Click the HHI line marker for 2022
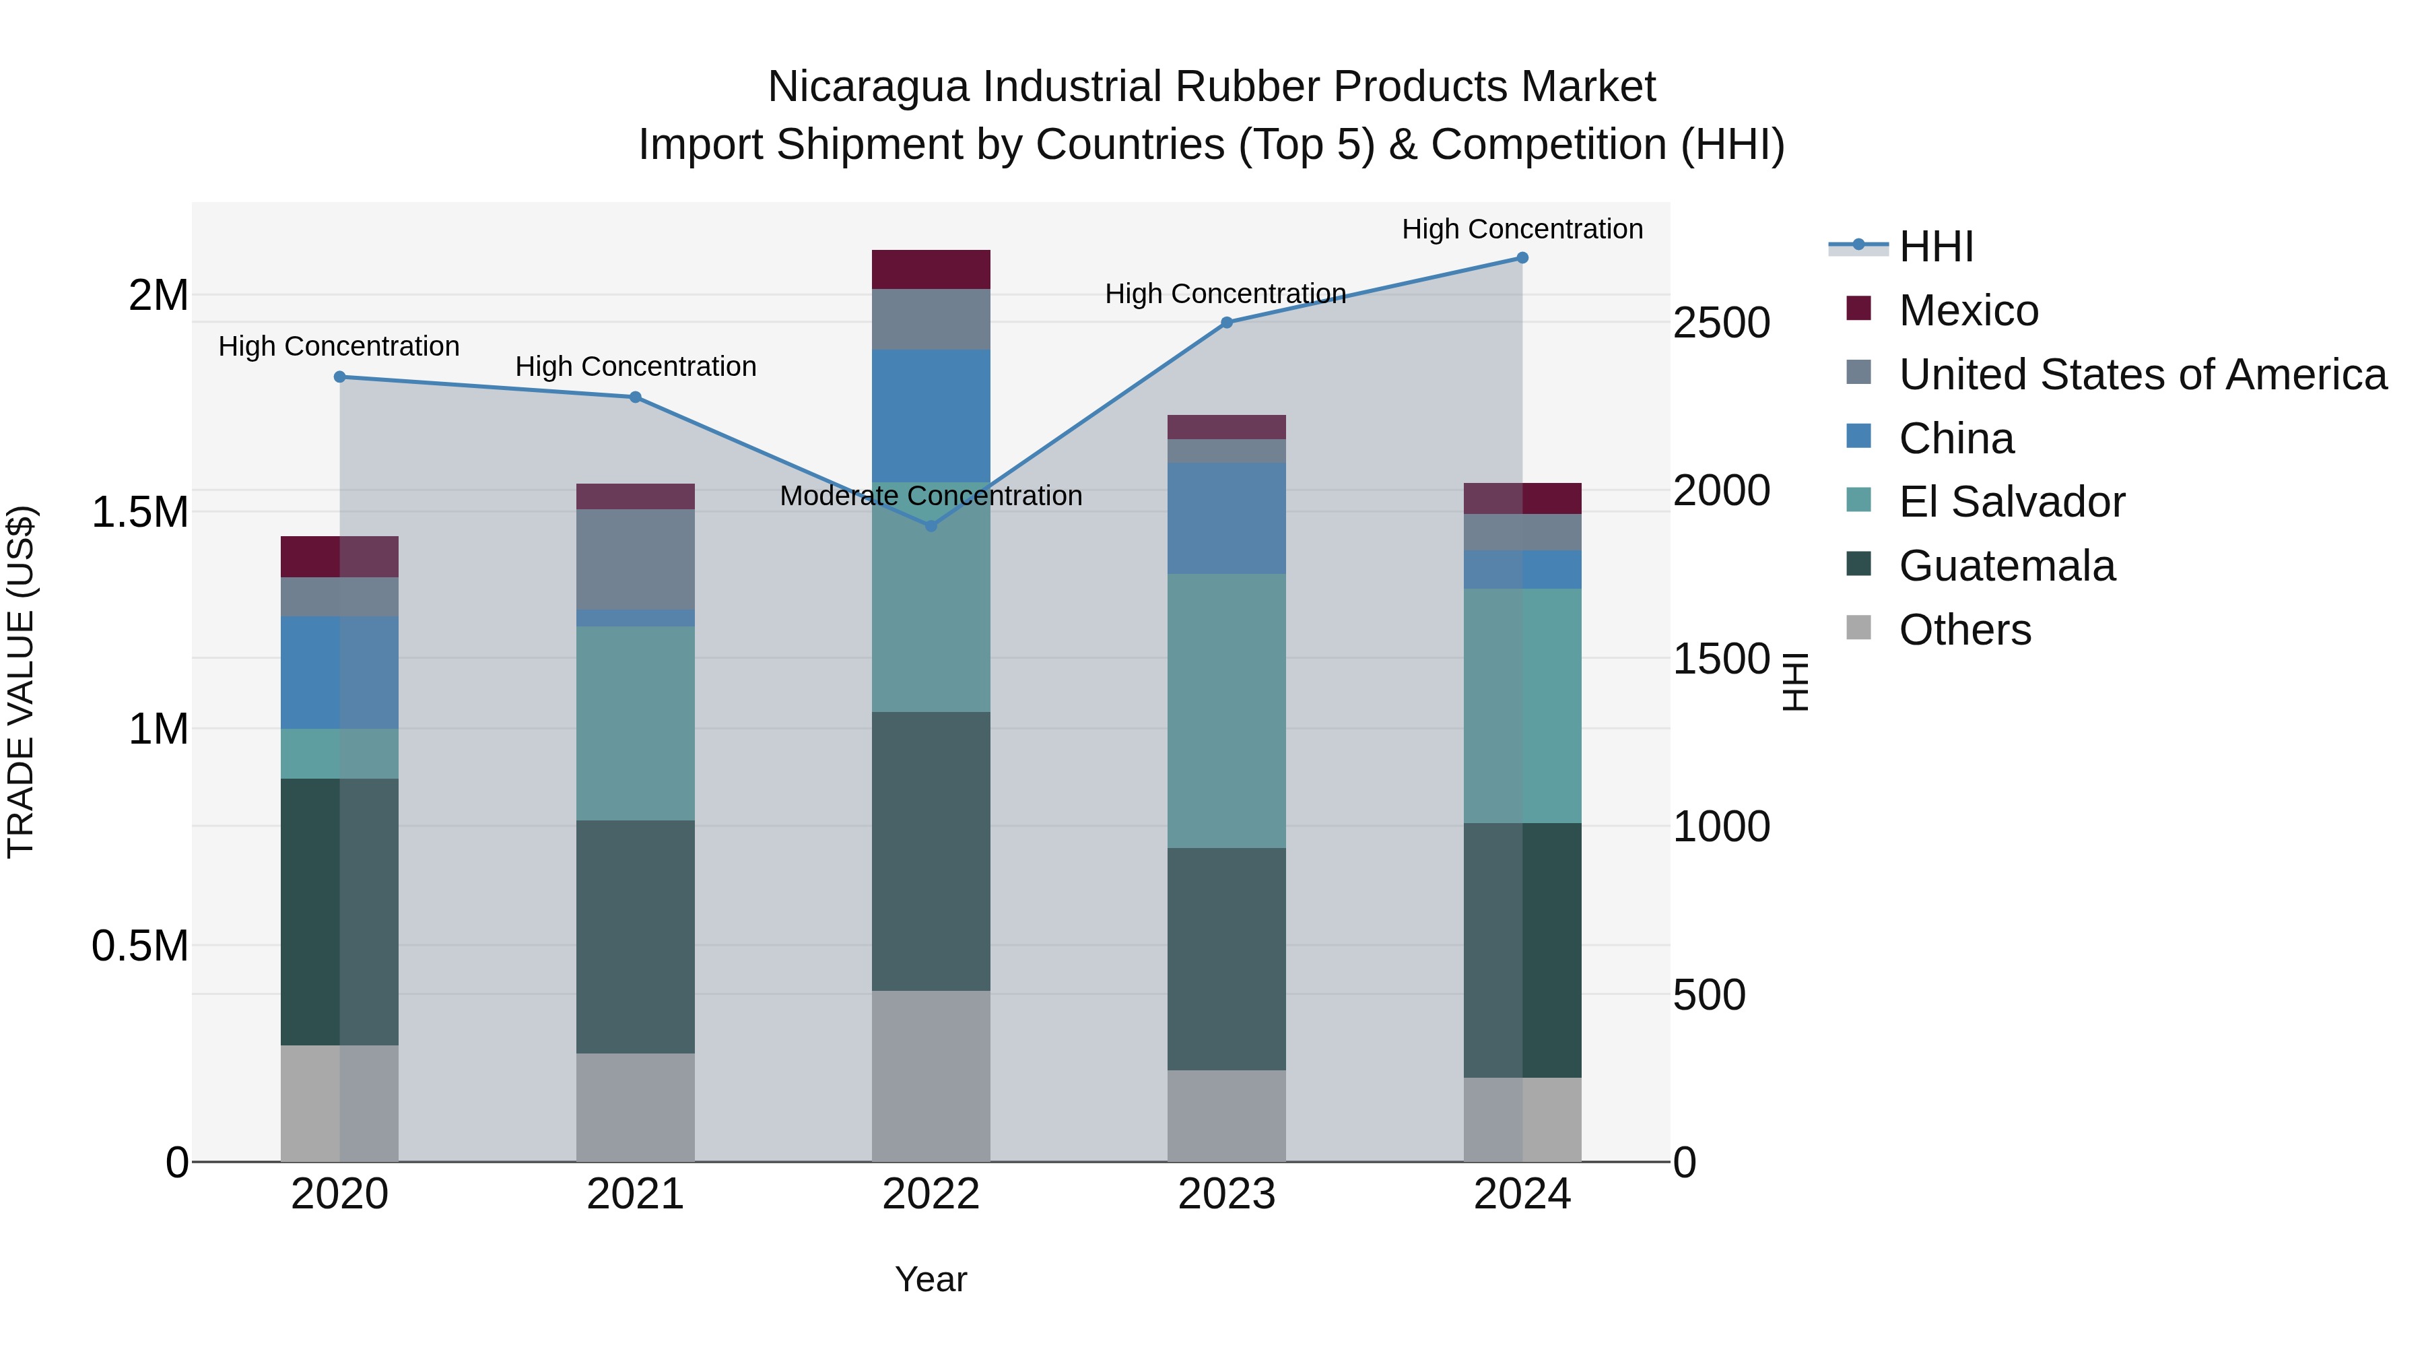[931, 526]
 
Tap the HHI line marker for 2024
[1522, 258]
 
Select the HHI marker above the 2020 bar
[340, 377]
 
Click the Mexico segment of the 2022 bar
[931, 269]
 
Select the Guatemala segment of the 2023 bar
[1226, 959]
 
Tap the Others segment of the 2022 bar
[931, 1075]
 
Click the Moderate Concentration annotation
[931, 495]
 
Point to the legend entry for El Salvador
[2011, 502]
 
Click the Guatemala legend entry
[2007, 566]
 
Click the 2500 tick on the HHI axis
[1721, 323]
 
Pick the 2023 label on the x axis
[1226, 1194]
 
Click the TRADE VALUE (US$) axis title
[21, 682]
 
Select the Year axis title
[931, 1279]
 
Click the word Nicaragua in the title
[868, 87]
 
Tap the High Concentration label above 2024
[1522, 229]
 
